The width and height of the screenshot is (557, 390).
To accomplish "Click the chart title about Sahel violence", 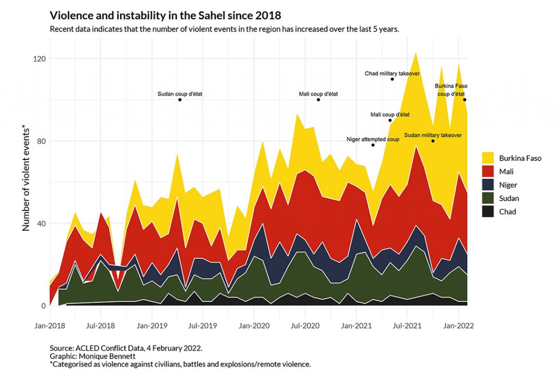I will click(165, 15).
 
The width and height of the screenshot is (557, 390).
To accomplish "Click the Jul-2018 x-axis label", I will click(100, 326).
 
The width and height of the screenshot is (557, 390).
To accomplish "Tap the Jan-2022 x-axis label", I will click(459, 326).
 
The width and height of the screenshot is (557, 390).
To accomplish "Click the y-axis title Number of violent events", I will click(26, 178).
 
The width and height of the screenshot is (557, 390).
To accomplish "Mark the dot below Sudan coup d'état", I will click(180, 100).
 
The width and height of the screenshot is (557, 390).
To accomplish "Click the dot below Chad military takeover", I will click(392, 79).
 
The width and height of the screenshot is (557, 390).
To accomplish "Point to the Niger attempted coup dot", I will click(373, 145).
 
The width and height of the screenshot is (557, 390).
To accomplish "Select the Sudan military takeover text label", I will click(433, 134).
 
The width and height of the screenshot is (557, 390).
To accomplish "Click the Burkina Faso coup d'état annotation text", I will click(451, 89).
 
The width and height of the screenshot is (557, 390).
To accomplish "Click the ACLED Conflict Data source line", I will click(126, 347).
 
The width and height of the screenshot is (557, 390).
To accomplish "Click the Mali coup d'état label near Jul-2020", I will click(318, 94).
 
